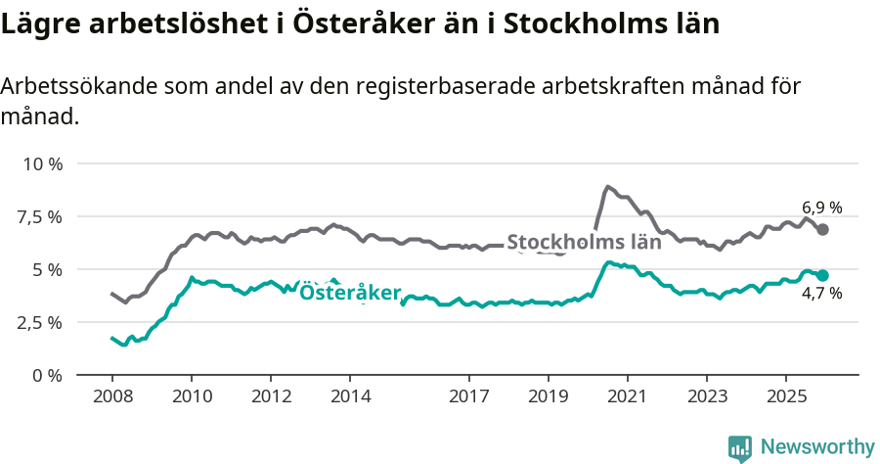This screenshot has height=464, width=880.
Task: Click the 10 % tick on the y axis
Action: (x=42, y=163)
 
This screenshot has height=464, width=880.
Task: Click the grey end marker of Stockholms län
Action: (x=823, y=229)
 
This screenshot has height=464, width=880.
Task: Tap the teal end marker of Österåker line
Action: (x=823, y=276)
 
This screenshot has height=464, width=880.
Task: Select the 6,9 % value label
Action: (x=821, y=208)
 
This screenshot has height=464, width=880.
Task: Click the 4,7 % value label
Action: (x=821, y=294)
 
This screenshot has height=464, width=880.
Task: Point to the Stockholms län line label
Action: (x=584, y=243)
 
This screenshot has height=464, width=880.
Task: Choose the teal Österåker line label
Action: (x=349, y=293)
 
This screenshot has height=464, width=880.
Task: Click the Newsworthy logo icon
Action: (x=740, y=447)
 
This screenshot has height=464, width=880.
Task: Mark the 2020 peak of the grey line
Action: (x=607, y=186)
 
